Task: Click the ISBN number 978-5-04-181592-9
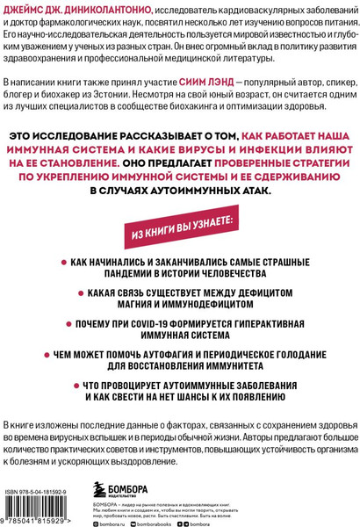pyautogui.click(x=43, y=480)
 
